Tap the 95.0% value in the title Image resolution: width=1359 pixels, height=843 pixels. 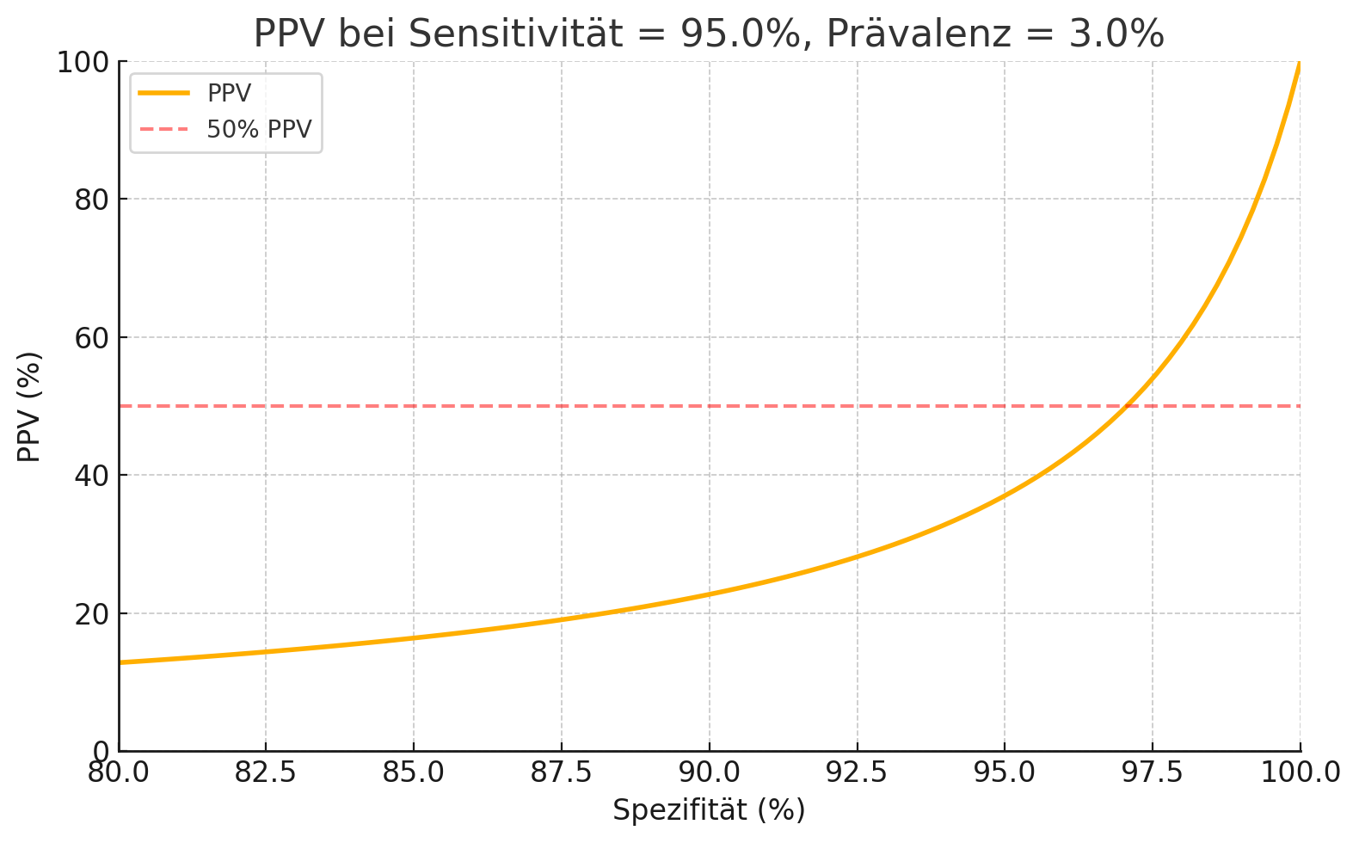pos(741,34)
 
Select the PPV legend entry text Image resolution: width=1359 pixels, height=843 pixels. pos(229,94)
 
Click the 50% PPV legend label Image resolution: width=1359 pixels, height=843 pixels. pos(259,129)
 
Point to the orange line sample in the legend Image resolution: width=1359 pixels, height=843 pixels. pos(163,93)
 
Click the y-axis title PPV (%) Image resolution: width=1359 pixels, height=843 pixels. pos(29,406)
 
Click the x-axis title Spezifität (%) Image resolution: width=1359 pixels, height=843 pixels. pos(709,810)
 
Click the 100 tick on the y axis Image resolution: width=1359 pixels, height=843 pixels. pos(83,62)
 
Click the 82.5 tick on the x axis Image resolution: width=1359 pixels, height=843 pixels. pos(266,772)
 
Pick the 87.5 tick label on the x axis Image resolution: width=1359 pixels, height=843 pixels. pos(562,772)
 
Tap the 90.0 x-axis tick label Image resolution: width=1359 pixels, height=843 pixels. pos(709,772)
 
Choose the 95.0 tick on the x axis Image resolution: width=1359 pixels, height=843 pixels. pos(1005,772)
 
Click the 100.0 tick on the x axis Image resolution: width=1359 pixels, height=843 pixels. pos(1300,772)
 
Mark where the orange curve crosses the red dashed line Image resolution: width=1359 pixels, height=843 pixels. pos(1125,406)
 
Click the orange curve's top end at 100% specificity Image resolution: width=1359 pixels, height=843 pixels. pos(1299,64)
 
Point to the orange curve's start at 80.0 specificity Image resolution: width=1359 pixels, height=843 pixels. pos(120,662)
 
